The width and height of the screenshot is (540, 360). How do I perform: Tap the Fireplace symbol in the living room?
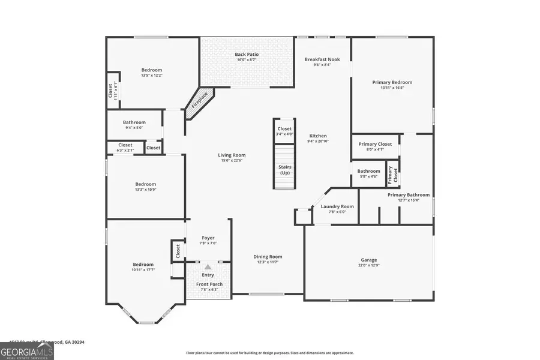199,102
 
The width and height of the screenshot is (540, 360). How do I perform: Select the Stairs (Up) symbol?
285,170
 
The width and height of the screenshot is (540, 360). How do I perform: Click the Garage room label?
368,260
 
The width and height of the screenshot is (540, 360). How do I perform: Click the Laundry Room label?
337,206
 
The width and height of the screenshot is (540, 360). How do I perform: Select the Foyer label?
208,238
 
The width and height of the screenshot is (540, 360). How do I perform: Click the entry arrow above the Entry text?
208,267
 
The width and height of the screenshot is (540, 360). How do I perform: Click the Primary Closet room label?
375,144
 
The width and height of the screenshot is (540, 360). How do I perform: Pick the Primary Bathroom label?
409,195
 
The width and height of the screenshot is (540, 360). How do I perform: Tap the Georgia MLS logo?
27,350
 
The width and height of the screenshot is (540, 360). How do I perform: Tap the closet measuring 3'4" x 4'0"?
284,131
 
